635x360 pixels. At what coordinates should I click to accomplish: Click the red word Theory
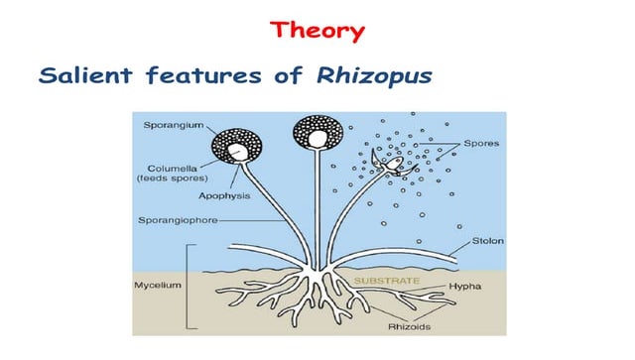click(x=317, y=31)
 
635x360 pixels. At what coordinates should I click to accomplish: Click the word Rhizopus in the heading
click(x=382, y=75)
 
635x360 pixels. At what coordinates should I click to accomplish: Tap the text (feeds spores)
click(x=168, y=179)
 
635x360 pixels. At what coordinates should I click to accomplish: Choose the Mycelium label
click(x=156, y=286)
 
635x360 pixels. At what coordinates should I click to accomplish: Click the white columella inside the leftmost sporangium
click(x=235, y=151)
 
